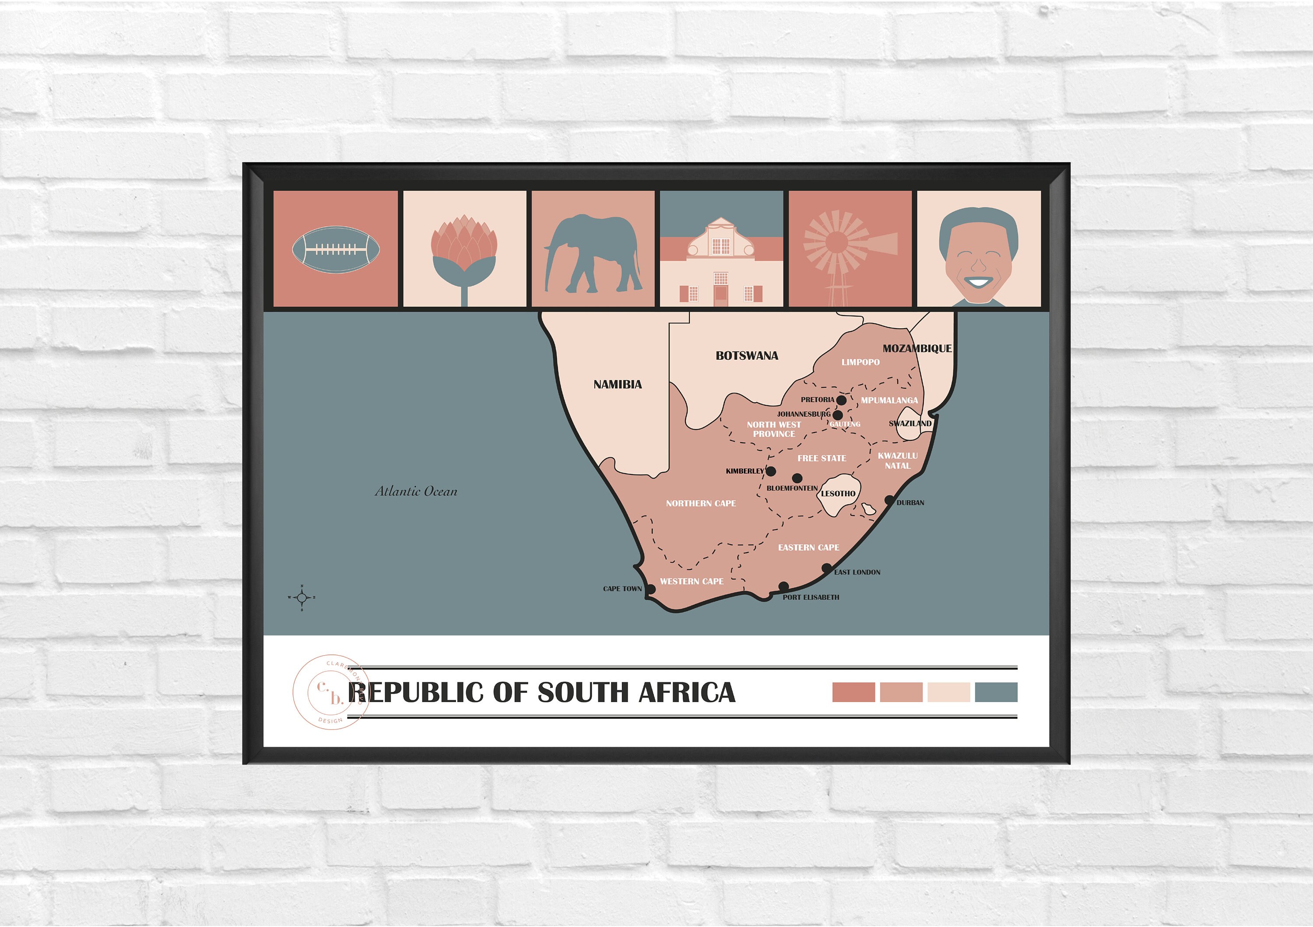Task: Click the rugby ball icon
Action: click(x=336, y=250)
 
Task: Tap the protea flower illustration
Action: click(x=464, y=252)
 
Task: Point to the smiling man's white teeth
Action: click(x=979, y=282)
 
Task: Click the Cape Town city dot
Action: click(x=650, y=589)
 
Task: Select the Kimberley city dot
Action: click(x=771, y=471)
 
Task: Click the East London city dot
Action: click(x=826, y=569)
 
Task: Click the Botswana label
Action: click(x=747, y=356)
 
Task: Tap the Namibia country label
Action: click(x=618, y=385)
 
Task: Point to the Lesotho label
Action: click(x=839, y=494)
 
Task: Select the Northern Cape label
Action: click(x=701, y=504)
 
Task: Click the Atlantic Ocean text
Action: click(x=416, y=491)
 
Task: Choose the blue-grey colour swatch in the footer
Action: click(x=996, y=692)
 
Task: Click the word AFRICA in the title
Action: click(x=686, y=692)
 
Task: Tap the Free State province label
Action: click(x=822, y=459)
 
